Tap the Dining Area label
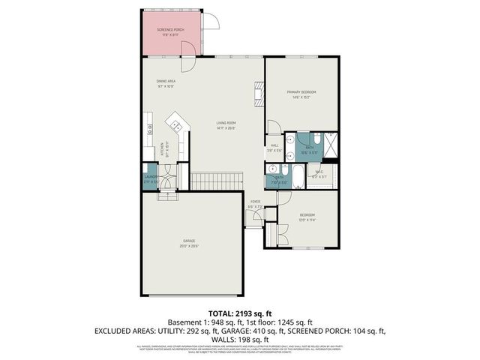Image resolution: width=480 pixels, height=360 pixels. (166, 83)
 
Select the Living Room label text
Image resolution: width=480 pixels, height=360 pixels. (226, 125)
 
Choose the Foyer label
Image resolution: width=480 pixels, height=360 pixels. (255, 203)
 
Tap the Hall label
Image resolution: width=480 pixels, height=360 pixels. (274, 148)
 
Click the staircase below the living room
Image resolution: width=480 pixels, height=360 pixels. (217, 181)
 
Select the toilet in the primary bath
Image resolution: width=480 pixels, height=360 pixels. (317, 139)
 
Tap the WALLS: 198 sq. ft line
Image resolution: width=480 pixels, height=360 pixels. (240, 340)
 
